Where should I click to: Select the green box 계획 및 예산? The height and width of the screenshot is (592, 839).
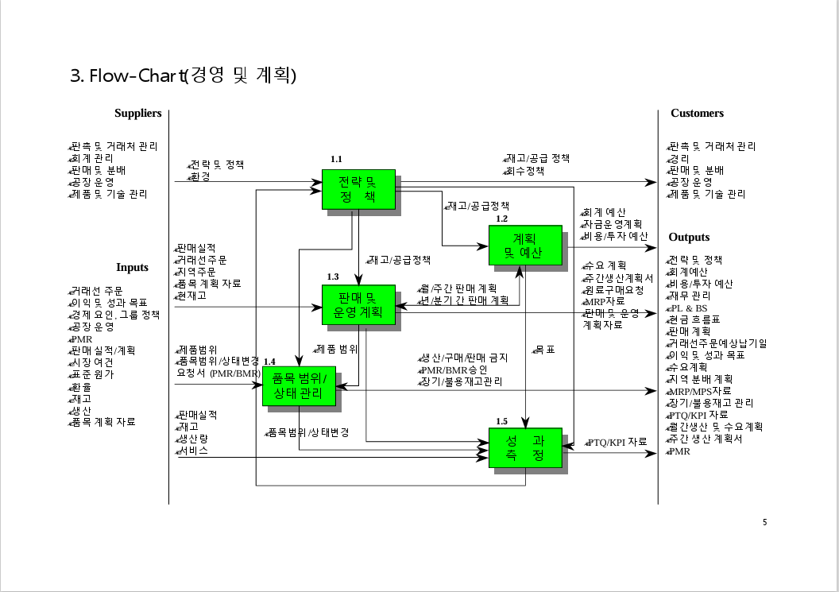[x=525, y=246]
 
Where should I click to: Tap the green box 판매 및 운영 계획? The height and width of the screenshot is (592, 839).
[x=358, y=305]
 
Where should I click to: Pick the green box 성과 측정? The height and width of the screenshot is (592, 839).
[x=525, y=448]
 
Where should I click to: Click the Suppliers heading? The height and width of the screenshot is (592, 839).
[x=137, y=113]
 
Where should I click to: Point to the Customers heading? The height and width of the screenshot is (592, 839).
[x=697, y=113]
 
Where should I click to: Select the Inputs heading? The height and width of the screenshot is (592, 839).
[x=132, y=267]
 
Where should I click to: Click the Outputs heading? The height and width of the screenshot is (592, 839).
[x=689, y=237]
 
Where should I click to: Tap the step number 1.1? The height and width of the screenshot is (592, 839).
[x=336, y=160]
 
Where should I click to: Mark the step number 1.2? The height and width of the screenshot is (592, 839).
[x=501, y=219]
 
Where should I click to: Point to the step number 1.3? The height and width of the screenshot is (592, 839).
[x=333, y=277]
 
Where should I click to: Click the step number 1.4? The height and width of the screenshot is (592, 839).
[x=269, y=362]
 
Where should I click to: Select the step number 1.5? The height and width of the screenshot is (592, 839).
[x=501, y=421]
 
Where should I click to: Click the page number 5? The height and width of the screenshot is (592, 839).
[x=764, y=522]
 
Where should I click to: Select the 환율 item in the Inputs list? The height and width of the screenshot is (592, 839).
[x=80, y=386]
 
